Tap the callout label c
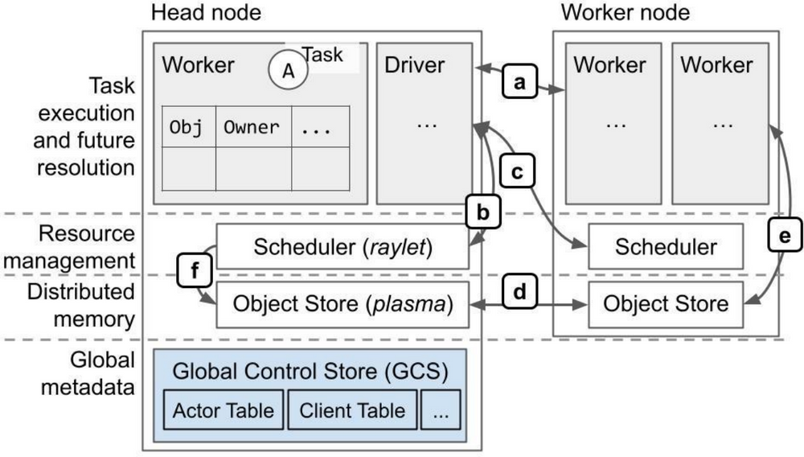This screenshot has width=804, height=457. click(x=518, y=172)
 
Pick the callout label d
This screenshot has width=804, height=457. click(x=521, y=290)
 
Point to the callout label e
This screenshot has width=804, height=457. click(x=786, y=236)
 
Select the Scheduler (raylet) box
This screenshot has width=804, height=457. click(x=343, y=246)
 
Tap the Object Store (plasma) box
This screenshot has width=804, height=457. click(x=343, y=304)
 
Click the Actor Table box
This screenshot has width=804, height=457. click(x=223, y=411)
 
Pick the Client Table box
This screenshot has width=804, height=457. click(x=352, y=411)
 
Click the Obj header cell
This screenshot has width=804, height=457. click(x=189, y=126)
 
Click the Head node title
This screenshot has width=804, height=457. click(x=205, y=13)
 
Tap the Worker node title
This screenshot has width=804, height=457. click(x=625, y=13)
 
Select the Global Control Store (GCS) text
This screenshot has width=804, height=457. click(x=310, y=373)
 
